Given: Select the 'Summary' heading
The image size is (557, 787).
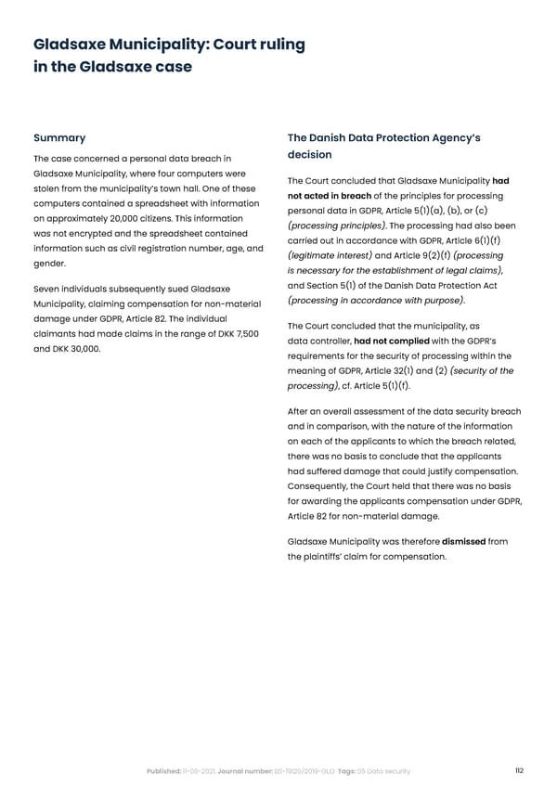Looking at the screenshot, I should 59,138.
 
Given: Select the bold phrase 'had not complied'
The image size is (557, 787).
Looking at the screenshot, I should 391,341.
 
